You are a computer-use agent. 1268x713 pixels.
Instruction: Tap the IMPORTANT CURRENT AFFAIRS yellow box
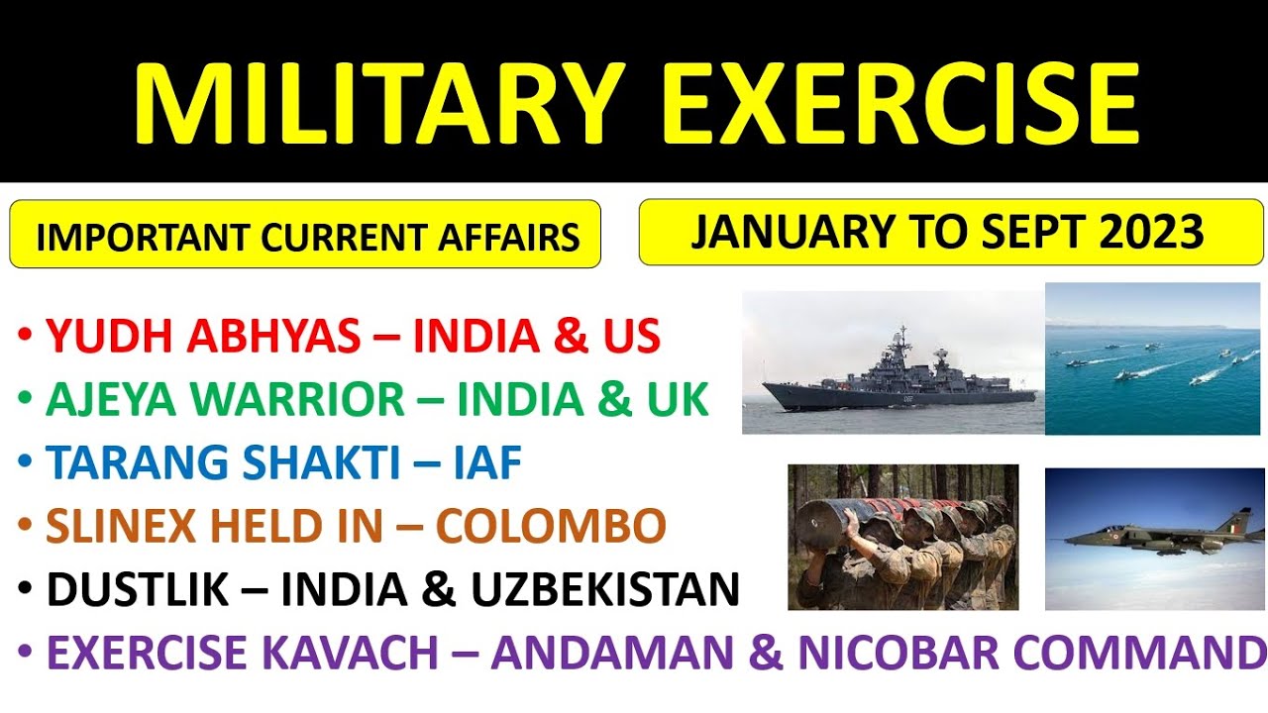click(305, 236)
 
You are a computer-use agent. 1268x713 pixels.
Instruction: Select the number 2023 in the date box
click(1151, 232)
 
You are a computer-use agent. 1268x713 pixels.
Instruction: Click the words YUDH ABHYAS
click(203, 338)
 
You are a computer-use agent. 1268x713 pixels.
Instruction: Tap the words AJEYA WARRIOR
click(226, 400)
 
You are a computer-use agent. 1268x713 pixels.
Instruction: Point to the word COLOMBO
click(551, 527)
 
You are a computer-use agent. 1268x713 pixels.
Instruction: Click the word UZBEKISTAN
click(604, 590)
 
